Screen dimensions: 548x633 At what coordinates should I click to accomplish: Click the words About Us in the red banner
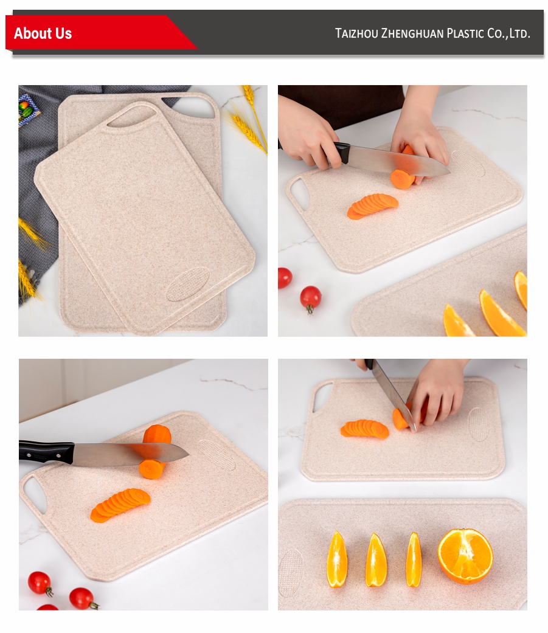(43, 33)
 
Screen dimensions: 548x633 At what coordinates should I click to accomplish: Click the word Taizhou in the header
(356, 33)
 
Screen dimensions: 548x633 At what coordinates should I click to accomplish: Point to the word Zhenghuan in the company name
(412, 33)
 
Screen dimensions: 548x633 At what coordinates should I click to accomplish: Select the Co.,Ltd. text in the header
(509, 33)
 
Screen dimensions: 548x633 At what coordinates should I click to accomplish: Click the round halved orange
(465, 556)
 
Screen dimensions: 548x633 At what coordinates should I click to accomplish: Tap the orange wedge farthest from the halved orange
(337, 559)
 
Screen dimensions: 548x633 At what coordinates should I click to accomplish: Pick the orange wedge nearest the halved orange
(414, 559)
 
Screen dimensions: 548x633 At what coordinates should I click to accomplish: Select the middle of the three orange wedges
(375, 559)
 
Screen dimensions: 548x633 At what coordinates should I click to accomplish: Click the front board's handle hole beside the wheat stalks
(131, 117)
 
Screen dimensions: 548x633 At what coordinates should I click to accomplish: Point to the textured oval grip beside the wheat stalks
(188, 284)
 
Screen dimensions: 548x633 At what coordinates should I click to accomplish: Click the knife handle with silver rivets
(46, 452)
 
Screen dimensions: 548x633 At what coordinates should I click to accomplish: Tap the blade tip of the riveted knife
(189, 454)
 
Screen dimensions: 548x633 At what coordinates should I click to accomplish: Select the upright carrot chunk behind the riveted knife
(157, 434)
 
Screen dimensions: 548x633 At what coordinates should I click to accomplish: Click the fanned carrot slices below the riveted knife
(120, 504)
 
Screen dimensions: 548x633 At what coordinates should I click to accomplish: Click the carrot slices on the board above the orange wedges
(365, 429)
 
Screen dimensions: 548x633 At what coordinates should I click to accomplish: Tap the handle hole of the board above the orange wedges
(323, 396)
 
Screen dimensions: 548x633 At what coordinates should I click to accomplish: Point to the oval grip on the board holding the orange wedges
(291, 572)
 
